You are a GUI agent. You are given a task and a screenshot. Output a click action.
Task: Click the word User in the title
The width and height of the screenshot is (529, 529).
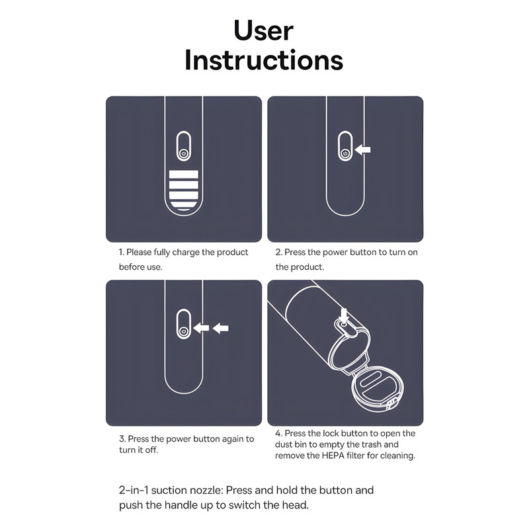263,30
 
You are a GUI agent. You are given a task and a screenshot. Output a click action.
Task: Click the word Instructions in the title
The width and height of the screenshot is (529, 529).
264,60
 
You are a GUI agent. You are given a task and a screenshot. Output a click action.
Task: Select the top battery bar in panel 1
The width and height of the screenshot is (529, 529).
184,174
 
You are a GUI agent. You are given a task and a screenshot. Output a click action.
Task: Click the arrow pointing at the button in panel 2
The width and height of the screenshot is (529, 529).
362,149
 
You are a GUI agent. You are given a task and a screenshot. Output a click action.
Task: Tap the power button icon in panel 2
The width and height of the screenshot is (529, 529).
345,153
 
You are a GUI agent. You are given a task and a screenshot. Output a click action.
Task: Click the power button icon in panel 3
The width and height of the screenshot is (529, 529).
184,331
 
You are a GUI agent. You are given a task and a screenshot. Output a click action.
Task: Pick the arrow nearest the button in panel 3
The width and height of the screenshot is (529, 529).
201,328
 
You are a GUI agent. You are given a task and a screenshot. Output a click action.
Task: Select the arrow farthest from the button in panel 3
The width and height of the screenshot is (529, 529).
221,328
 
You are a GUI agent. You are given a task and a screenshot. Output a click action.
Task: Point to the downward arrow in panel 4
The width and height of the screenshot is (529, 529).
344,315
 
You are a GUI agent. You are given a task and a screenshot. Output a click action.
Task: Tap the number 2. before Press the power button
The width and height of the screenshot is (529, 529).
278,253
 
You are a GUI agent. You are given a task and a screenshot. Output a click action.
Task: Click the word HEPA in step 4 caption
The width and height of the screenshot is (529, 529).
333,456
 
